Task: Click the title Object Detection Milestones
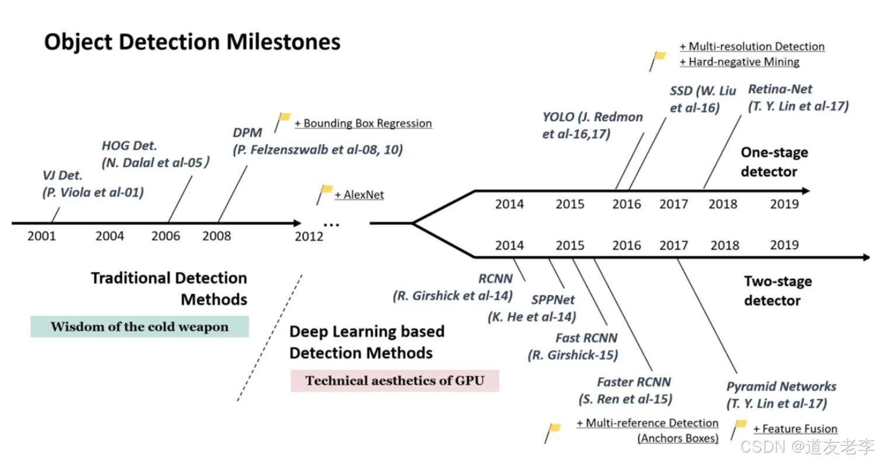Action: point(192,42)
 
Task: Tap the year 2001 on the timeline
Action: point(42,236)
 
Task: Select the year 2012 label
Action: point(309,236)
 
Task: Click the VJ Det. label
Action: point(63,175)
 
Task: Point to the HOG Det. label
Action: point(129,146)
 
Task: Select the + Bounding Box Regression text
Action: point(363,123)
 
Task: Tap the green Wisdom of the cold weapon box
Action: point(140,326)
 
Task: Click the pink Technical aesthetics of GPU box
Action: point(395,381)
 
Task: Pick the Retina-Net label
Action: point(781,89)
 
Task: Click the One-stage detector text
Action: point(774,161)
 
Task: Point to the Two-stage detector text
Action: point(778,291)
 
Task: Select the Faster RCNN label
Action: point(634,382)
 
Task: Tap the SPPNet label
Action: point(553,299)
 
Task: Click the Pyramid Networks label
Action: point(782,387)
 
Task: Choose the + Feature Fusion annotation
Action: point(795,429)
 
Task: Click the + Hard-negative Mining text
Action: point(740,62)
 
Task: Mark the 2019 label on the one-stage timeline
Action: point(784,204)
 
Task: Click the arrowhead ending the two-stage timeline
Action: point(866,257)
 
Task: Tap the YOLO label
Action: point(559,117)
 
